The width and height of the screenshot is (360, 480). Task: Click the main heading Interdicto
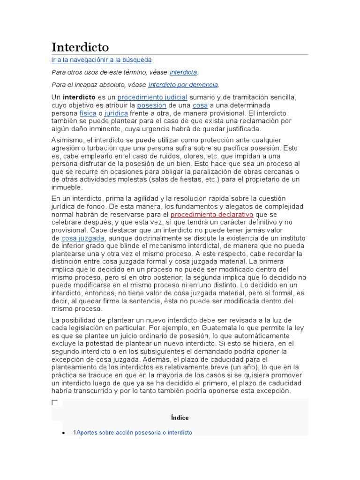click(80, 47)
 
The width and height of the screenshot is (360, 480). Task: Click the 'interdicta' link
click(183, 72)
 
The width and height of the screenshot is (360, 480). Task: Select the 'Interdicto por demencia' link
click(183, 85)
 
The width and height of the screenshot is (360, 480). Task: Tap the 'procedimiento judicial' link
click(152, 97)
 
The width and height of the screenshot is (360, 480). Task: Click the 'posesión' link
click(151, 105)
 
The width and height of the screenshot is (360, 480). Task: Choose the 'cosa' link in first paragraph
click(200, 105)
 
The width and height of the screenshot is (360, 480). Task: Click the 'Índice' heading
click(180, 418)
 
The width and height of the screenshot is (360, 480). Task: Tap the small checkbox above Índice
click(55, 403)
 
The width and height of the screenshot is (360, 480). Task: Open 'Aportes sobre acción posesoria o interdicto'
click(134, 433)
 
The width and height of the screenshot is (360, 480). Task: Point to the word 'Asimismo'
click(67, 140)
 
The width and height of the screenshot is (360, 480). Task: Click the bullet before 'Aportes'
click(63, 433)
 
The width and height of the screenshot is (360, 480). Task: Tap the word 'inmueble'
click(66, 187)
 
